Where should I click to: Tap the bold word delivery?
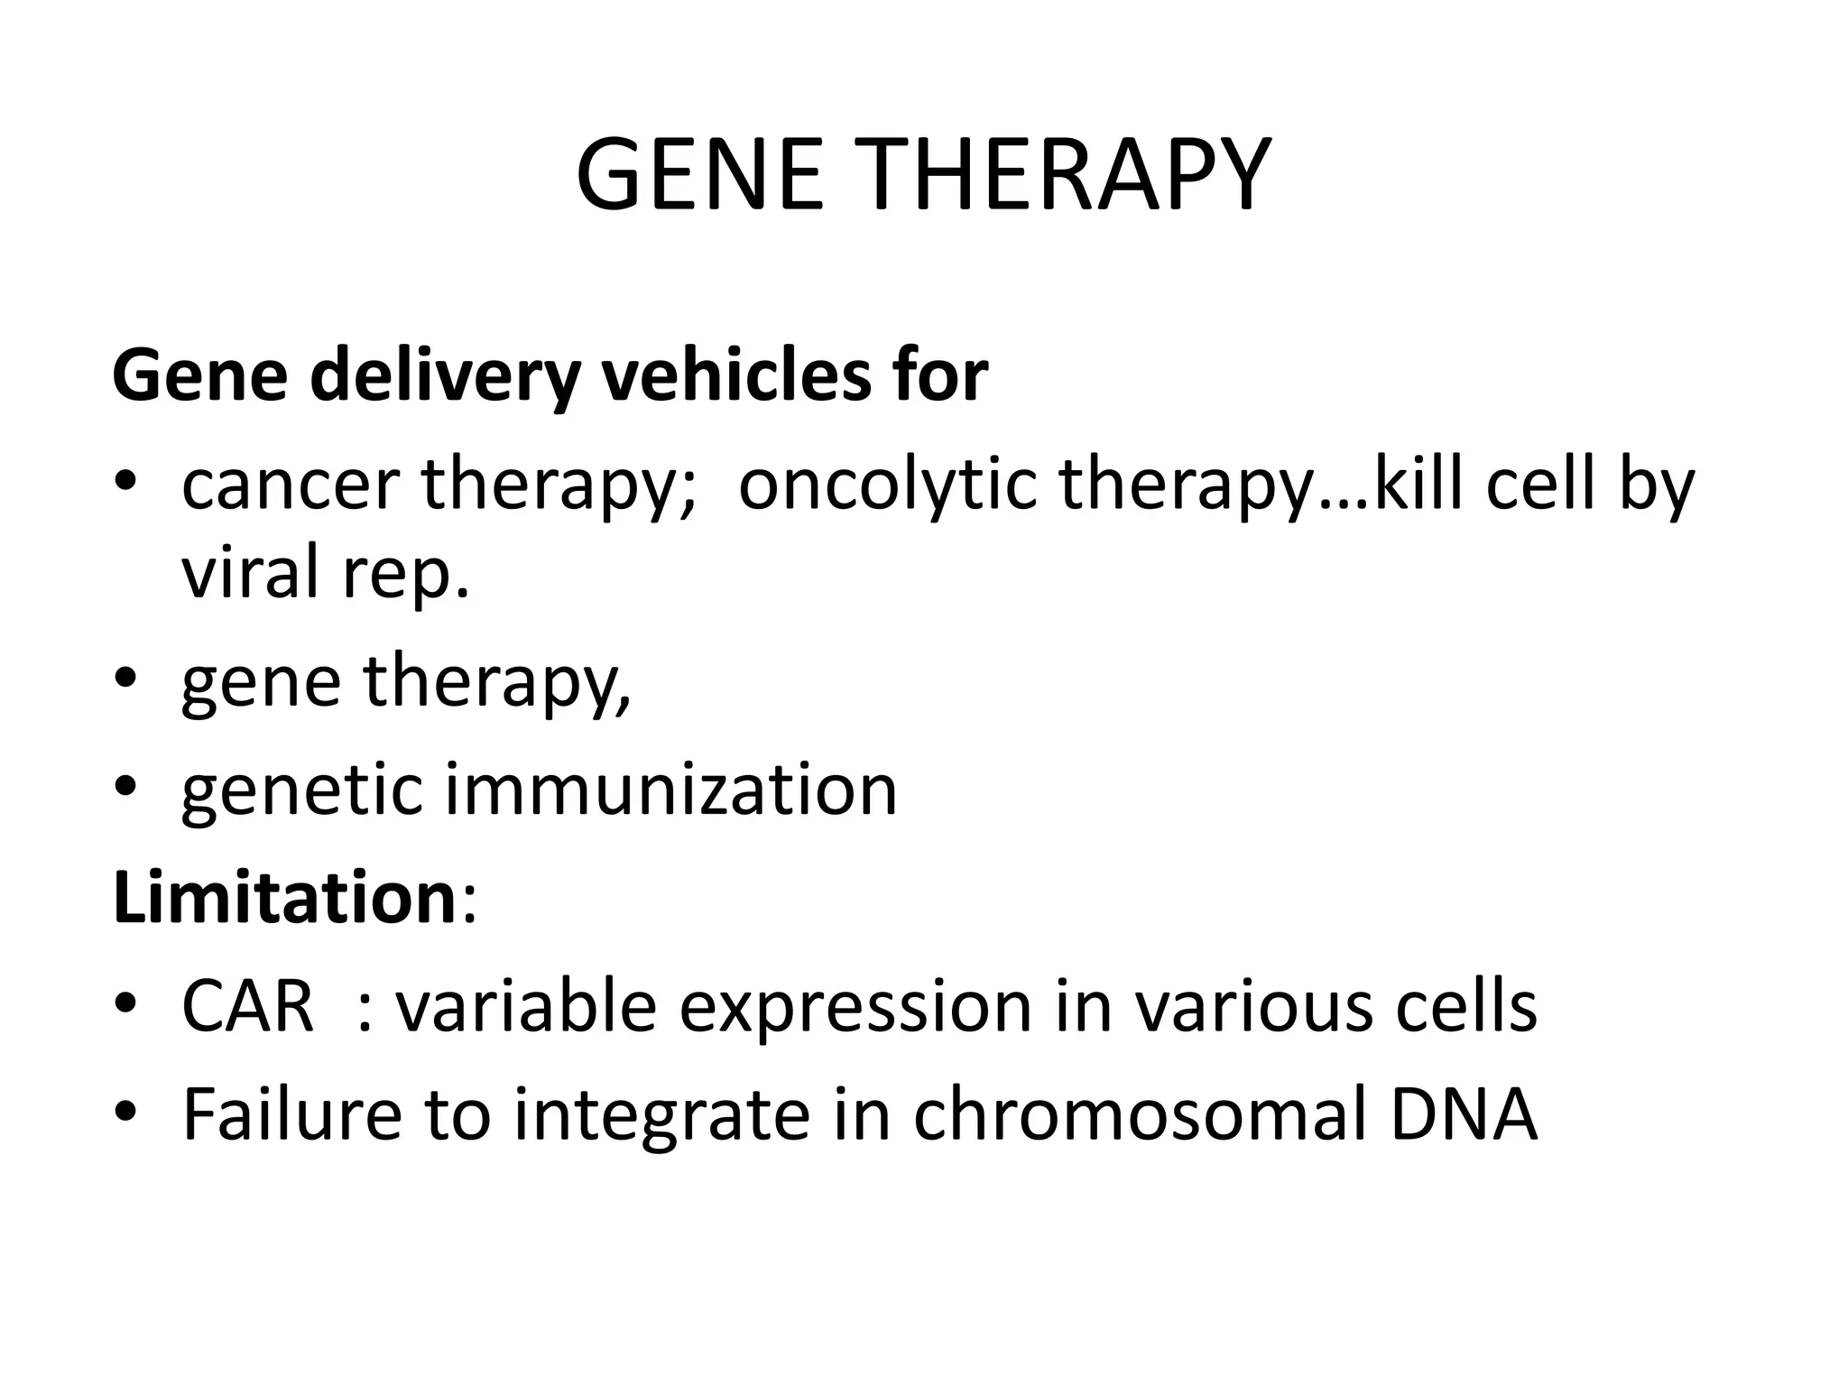click(443, 376)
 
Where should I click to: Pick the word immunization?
click(671, 790)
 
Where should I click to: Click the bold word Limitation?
click(284, 898)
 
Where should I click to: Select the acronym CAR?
click(247, 1007)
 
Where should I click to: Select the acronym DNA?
click(1463, 1115)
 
